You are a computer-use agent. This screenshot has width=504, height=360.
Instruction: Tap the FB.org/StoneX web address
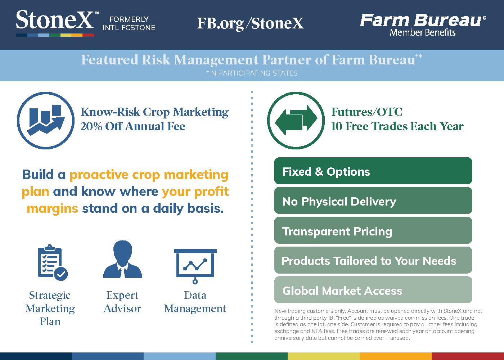(250, 23)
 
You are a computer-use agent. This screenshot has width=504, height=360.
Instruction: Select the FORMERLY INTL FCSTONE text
(129, 23)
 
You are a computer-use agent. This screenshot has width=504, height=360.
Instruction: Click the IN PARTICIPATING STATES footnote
(252, 73)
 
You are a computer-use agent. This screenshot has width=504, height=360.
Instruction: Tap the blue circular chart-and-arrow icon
(46, 121)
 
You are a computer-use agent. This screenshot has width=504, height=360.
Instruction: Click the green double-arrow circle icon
(296, 120)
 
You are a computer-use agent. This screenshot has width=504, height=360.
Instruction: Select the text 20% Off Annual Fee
(132, 126)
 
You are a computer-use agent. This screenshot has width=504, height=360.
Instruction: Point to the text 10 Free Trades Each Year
(397, 126)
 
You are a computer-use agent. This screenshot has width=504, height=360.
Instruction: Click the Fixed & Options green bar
(373, 171)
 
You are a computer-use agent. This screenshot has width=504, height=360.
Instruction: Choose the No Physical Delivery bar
(373, 201)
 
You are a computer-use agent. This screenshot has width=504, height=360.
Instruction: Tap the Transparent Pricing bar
(373, 231)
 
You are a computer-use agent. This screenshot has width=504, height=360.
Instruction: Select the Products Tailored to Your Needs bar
(373, 260)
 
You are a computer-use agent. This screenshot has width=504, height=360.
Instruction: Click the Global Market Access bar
(373, 290)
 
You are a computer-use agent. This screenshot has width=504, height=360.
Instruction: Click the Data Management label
(195, 302)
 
